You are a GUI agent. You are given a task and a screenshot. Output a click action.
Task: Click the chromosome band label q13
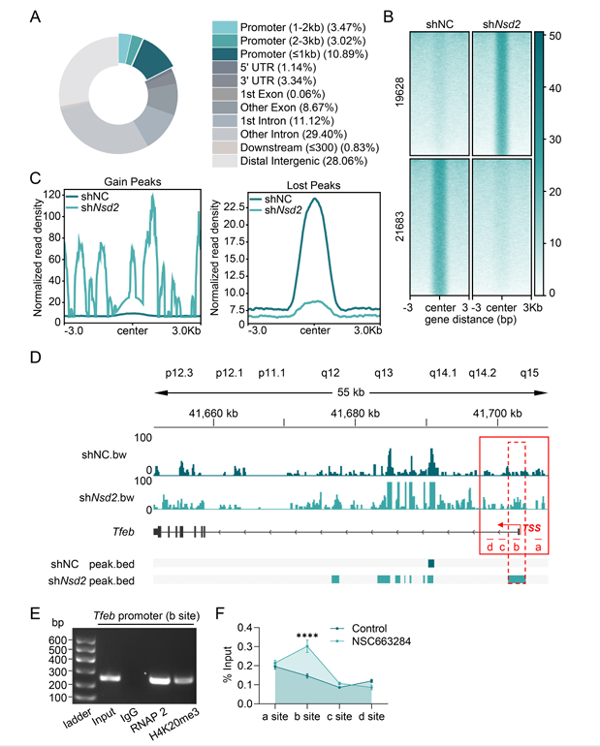[383, 372]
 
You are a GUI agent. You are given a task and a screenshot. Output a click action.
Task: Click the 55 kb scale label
[341, 392]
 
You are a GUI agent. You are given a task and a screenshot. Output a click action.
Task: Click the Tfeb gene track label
[122, 531]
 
